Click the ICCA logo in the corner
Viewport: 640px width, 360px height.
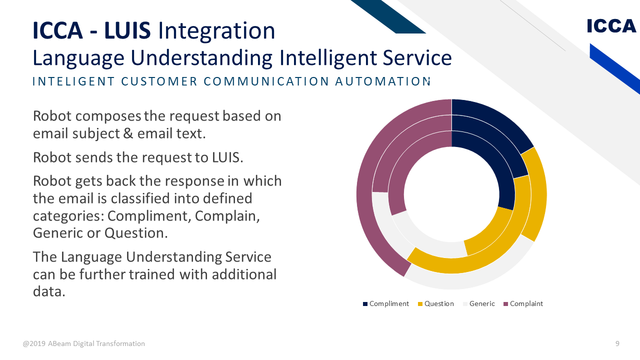click(611, 26)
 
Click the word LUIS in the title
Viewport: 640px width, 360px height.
click(127, 30)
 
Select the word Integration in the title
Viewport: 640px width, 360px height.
click(216, 31)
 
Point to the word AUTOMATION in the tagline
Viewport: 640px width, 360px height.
click(382, 81)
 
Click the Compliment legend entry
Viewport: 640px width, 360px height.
click(385, 303)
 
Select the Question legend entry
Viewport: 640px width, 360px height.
click(435, 303)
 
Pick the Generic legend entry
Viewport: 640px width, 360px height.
click(479, 303)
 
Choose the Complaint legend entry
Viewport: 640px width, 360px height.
click(523, 303)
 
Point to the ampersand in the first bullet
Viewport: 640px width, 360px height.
click(128, 133)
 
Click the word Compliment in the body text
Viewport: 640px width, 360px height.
click(149, 216)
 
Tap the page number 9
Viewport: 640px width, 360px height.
click(617, 343)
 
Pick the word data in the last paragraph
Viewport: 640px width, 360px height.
click(49, 291)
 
